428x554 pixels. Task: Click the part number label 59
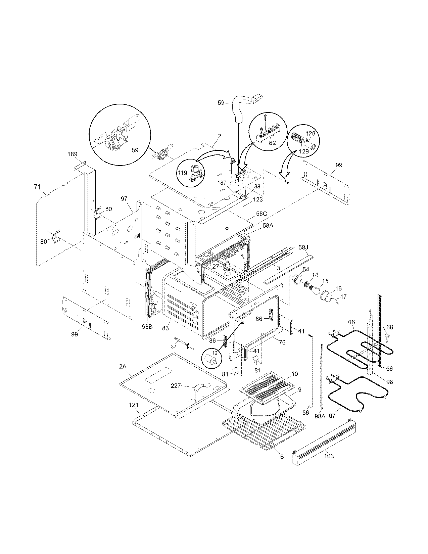pyautogui.click(x=221, y=102)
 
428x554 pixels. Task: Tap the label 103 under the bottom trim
pyautogui.click(x=329, y=456)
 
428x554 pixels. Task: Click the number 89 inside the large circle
pyautogui.click(x=135, y=150)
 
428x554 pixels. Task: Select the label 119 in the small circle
pyautogui.click(x=183, y=173)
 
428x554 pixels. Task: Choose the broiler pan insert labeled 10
pyautogui.click(x=267, y=386)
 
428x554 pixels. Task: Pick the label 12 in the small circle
pyautogui.click(x=215, y=353)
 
